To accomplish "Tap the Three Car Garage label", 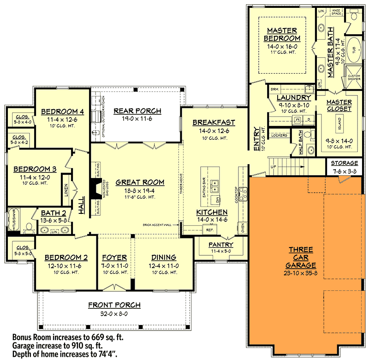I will tap(301, 257).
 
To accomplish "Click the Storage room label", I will tap(344, 163).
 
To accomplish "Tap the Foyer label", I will tap(114, 257).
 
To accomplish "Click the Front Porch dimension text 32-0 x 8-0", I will tap(114, 313).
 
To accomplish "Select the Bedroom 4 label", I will tap(62, 112).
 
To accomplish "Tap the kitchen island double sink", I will tap(214, 186).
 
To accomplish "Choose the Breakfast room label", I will tap(214, 123).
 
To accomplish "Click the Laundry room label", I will tap(293, 98).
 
